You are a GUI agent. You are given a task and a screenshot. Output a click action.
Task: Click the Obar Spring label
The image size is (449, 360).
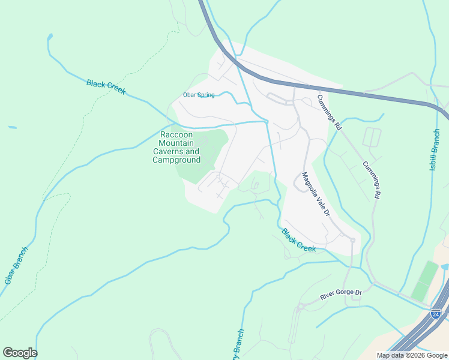[198, 95]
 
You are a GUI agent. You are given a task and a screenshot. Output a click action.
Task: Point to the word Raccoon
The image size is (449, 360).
[176, 135]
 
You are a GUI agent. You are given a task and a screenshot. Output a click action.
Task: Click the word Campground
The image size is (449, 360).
[176, 160]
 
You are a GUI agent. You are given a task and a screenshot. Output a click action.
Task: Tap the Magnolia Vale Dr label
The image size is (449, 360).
[316, 194]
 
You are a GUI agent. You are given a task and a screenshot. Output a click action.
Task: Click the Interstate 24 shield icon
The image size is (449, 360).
[435, 314]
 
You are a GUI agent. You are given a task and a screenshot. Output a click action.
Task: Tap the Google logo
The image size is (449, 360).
[20, 353]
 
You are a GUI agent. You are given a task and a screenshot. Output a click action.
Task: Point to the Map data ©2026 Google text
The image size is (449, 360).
[411, 355]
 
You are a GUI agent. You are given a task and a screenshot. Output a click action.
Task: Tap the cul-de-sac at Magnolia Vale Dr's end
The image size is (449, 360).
[352, 241]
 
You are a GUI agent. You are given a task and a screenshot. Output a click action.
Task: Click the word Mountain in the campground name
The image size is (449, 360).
[176, 143]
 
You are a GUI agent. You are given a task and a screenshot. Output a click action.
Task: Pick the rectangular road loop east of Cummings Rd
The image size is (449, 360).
[372, 137]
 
